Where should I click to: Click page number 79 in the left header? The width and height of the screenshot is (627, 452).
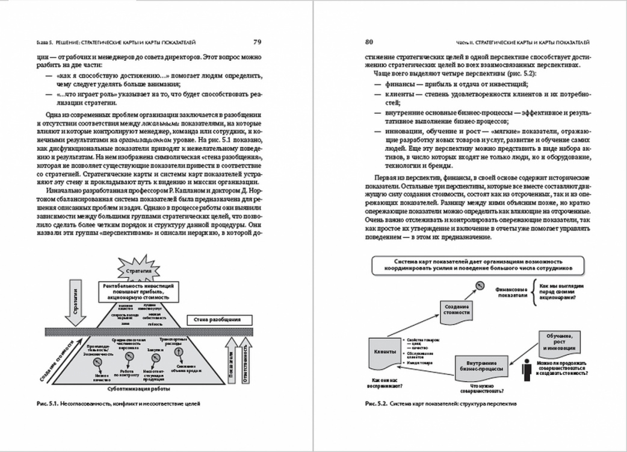[x=257, y=42]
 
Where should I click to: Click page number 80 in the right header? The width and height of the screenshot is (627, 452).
[x=369, y=42]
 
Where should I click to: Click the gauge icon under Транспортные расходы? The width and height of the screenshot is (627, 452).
[x=179, y=352]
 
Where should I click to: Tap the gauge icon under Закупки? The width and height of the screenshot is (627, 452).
[x=153, y=358]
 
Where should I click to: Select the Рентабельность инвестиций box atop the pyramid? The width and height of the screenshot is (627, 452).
[x=139, y=292]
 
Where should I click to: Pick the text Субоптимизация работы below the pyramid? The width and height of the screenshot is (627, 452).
[x=138, y=389]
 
